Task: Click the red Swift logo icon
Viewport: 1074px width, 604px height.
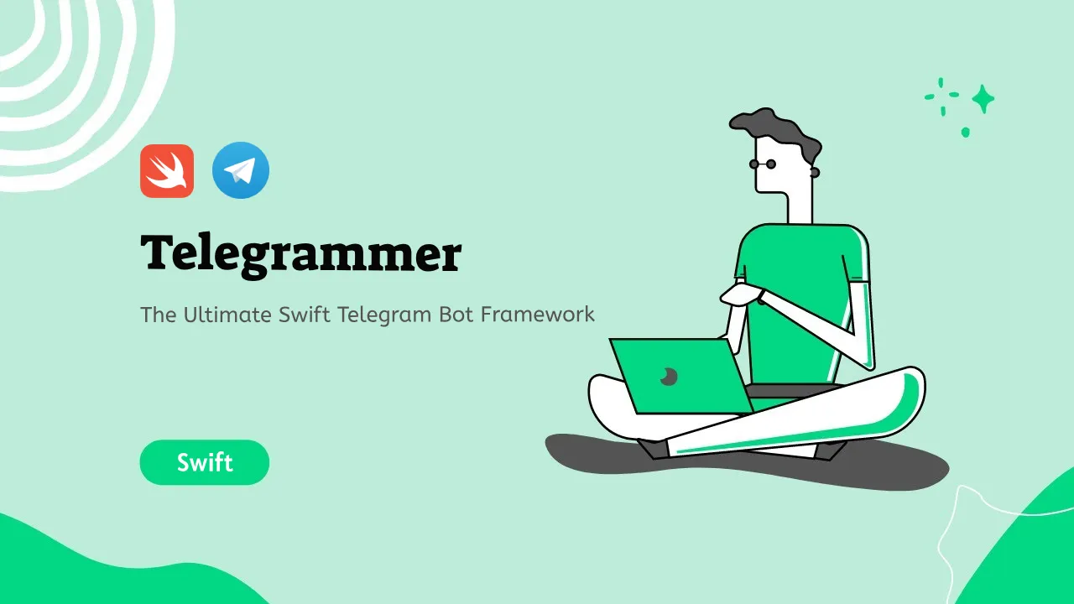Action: click(x=167, y=171)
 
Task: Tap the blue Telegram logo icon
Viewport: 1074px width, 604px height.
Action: click(x=241, y=170)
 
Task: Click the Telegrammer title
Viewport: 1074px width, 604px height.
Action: click(x=301, y=254)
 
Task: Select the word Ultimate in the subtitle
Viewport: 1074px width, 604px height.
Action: click(x=227, y=315)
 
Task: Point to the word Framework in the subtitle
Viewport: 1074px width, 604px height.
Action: click(x=538, y=315)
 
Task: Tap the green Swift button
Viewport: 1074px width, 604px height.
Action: click(x=205, y=462)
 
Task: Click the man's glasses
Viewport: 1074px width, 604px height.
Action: click(x=763, y=164)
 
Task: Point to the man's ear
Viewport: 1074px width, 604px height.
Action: click(x=815, y=172)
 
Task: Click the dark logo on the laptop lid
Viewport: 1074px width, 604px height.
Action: click(x=669, y=377)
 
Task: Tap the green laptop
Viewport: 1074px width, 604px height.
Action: click(x=680, y=377)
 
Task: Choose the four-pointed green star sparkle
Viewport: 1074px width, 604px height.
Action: click(x=983, y=99)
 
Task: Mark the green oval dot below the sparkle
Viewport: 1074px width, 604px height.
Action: click(x=966, y=132)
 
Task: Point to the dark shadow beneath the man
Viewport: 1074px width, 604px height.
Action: click(x=747, y=463)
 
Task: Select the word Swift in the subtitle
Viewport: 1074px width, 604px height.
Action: click(x=305, y=315)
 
